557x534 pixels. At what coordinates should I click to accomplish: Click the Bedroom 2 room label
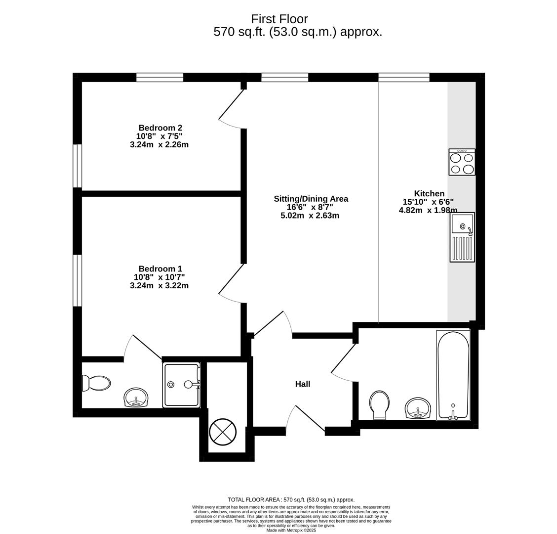point(160,128)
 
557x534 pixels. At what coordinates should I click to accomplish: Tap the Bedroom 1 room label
point(160,268)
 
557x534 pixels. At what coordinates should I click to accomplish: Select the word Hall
point(303,384)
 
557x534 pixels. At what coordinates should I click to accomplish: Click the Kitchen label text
point(430,193)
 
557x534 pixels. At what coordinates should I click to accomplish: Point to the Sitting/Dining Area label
point(311,199)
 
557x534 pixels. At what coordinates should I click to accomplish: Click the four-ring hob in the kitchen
point(462,162)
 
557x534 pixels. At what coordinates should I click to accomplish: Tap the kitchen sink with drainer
point(462,237)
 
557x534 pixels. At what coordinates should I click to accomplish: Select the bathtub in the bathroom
point(453,375)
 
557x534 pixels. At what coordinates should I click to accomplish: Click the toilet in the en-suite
point(96,384)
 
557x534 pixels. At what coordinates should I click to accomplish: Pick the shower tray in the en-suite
point(182,385)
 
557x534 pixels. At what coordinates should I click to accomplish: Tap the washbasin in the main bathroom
point(418,408)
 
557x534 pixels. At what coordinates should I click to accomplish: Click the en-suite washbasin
point(136,398)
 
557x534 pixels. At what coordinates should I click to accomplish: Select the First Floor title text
point(279,19)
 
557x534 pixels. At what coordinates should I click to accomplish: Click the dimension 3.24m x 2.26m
point(159,145)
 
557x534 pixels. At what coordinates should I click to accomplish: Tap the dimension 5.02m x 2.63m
point(310,216)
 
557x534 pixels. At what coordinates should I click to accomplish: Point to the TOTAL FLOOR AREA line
point(291,500)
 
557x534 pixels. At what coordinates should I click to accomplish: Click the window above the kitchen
point(404,77)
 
